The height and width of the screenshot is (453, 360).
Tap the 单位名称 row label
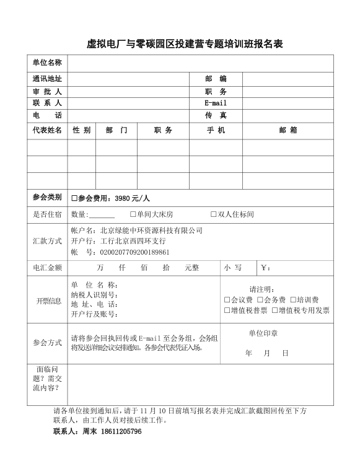(47, 63)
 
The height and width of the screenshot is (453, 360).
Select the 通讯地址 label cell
(47, 79)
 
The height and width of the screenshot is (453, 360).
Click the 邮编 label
(215, 79)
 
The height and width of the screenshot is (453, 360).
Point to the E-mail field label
(215, 103)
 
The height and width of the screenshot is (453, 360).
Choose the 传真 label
(215, 115)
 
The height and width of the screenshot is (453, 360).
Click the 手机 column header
(215, 130)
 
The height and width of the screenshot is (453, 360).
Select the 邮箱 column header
(288, 130)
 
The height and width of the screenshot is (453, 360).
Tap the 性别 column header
(81, 130)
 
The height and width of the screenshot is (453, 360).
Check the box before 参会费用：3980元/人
(74, 198)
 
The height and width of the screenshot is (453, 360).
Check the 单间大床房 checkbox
(133, 214)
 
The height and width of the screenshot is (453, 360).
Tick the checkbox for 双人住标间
(213, 214)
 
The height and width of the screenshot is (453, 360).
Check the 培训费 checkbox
(292, 300)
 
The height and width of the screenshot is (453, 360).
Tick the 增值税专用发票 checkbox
(274, 310)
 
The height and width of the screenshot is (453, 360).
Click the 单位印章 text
(263, 333)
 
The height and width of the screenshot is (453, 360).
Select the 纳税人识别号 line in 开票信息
(94, 294)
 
